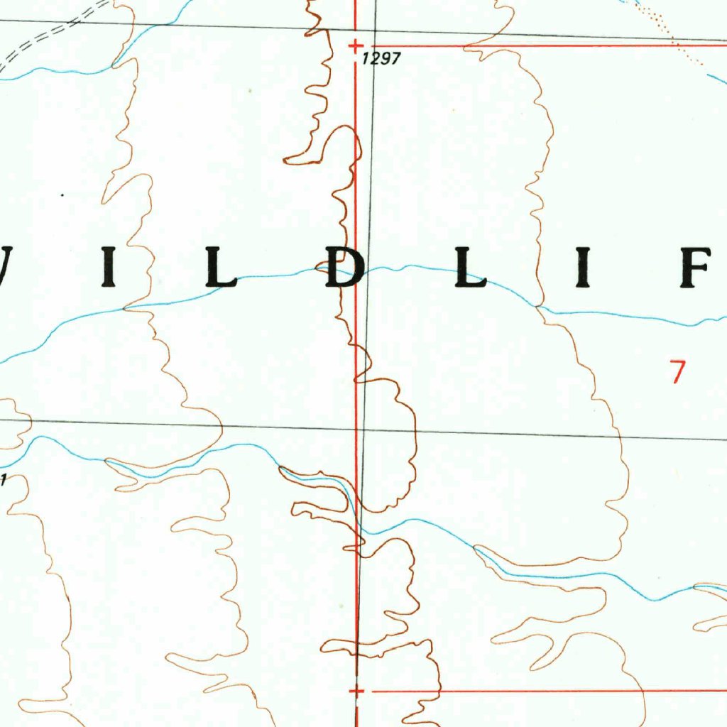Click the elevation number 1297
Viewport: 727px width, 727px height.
(x=382, y=60)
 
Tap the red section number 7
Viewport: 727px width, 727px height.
(x=679, y=372)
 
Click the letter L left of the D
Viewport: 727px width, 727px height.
(x=221, y=268)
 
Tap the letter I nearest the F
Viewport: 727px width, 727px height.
(x=584, y=268)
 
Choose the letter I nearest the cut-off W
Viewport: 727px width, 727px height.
(x=109, y=268)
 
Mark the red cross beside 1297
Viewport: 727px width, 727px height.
(x=356, y=46)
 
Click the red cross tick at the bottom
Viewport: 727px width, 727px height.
(x=357, y=691)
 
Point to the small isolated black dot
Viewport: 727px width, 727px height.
(x=62, y=195)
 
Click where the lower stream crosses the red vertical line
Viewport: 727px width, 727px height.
(x=357, y=525)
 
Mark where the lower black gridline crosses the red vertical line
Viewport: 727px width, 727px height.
(x=357, y=430)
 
